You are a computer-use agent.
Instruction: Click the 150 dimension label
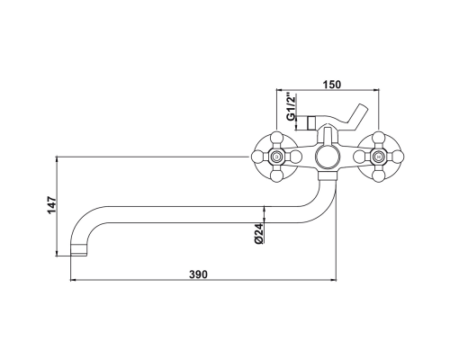click(x=332, y=85)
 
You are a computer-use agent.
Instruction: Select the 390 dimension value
click(x=198, y=274)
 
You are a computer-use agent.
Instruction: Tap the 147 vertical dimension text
click(x=51, y=205)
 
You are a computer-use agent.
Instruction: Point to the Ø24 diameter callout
click(x=260, y=233)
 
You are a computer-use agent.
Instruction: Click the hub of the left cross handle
click(x=276, y=157)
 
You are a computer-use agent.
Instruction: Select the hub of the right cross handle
click(x=378, y=157)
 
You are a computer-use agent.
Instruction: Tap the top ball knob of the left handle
click(x=276, y=139)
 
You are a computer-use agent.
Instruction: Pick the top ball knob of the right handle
click(x=378, y=139)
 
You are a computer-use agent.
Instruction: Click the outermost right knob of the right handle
click(x=396, y=157)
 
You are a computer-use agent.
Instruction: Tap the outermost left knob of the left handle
click(x=257, y=157)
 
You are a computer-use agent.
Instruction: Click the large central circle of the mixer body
click(x=327, y=157)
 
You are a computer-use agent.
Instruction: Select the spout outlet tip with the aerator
click(x=79, y=250)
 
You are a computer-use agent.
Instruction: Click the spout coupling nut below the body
click(x=327, y=175)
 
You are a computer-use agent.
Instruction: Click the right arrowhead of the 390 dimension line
click(x=333, y=280)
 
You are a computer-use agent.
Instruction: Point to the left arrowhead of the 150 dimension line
click(x=279, y=89)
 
